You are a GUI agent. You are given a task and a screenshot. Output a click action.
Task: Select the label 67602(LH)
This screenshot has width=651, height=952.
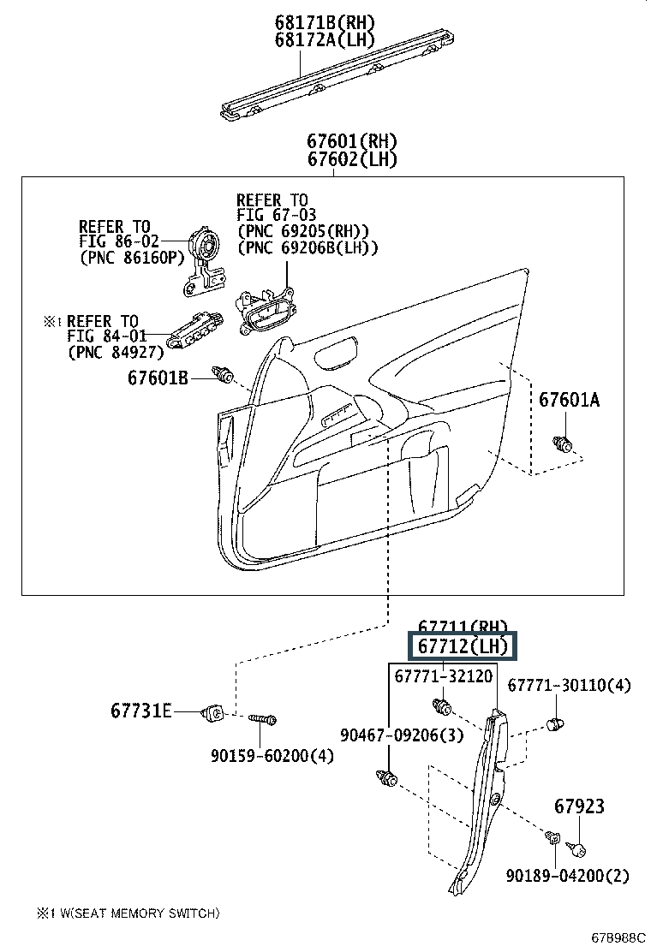[352, 159]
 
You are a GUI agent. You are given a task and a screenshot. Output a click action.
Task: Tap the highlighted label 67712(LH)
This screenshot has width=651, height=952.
[463, 646]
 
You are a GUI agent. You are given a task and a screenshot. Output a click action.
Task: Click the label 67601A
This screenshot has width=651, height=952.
[570, 400]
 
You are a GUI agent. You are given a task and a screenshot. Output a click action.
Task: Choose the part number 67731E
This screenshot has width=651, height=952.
[140, 711]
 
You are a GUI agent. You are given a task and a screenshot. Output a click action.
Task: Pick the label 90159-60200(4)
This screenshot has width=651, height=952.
[272, 755]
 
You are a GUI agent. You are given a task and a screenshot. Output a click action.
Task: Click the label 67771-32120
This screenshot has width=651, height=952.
[444, 676]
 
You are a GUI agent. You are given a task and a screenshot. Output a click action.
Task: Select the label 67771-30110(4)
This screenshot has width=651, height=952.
[569, 685]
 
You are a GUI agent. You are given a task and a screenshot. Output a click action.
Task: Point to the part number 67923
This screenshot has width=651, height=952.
[579, 806]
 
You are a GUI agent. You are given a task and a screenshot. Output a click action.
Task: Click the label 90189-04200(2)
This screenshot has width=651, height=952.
[567, 876]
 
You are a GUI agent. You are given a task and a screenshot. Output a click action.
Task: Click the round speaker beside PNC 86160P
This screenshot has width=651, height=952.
[206, 247]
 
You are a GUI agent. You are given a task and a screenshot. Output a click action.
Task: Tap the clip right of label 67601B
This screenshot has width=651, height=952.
[225, 375]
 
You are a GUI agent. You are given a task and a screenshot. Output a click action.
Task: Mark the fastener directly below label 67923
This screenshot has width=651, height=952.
[577, 848]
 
